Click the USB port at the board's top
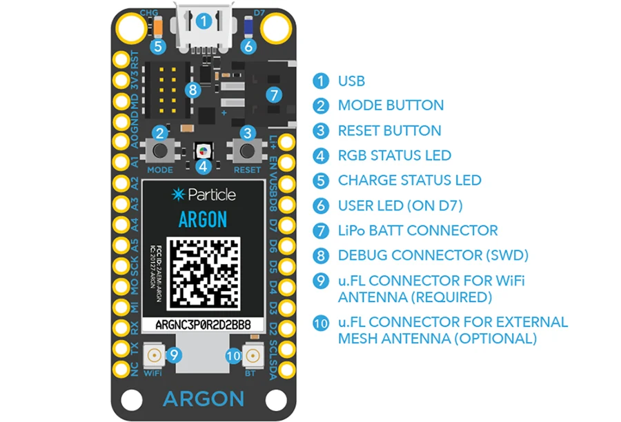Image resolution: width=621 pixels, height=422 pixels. [x=203, y=31]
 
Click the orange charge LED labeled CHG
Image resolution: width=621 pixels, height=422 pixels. [x=159, y=28]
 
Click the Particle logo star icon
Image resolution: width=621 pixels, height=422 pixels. [x=178, y=194]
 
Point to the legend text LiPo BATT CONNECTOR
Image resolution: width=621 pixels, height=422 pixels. [x=417, y=230]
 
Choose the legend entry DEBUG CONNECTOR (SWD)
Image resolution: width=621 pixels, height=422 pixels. [x=433, y=255]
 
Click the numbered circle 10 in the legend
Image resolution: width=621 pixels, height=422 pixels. [x=320, y=323]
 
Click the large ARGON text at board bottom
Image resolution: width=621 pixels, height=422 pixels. [x=203, y=399]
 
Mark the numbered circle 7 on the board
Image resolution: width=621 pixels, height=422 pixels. [x=273, y=94]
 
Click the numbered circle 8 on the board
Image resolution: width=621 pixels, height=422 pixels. [x=193, y=90]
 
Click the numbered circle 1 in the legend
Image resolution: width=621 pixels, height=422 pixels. [x=320, y=81]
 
